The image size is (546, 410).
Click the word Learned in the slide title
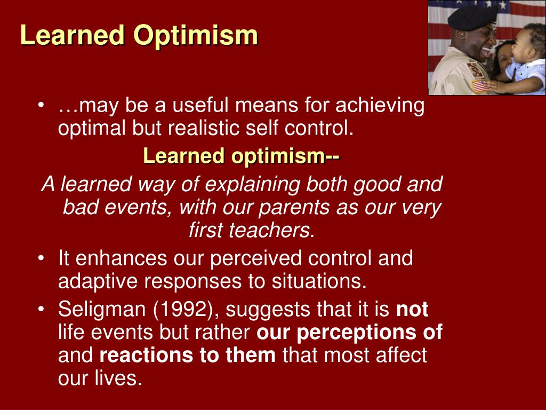(73, 35)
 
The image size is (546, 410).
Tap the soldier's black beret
(472, 18)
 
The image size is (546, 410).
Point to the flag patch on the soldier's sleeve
(480, 86)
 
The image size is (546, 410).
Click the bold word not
(412, 309)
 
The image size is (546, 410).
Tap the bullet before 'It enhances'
(42, 258)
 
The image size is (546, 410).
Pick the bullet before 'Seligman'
(42, 309)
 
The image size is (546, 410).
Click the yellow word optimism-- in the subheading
(286, 156)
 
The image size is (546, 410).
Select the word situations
(319, 281)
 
